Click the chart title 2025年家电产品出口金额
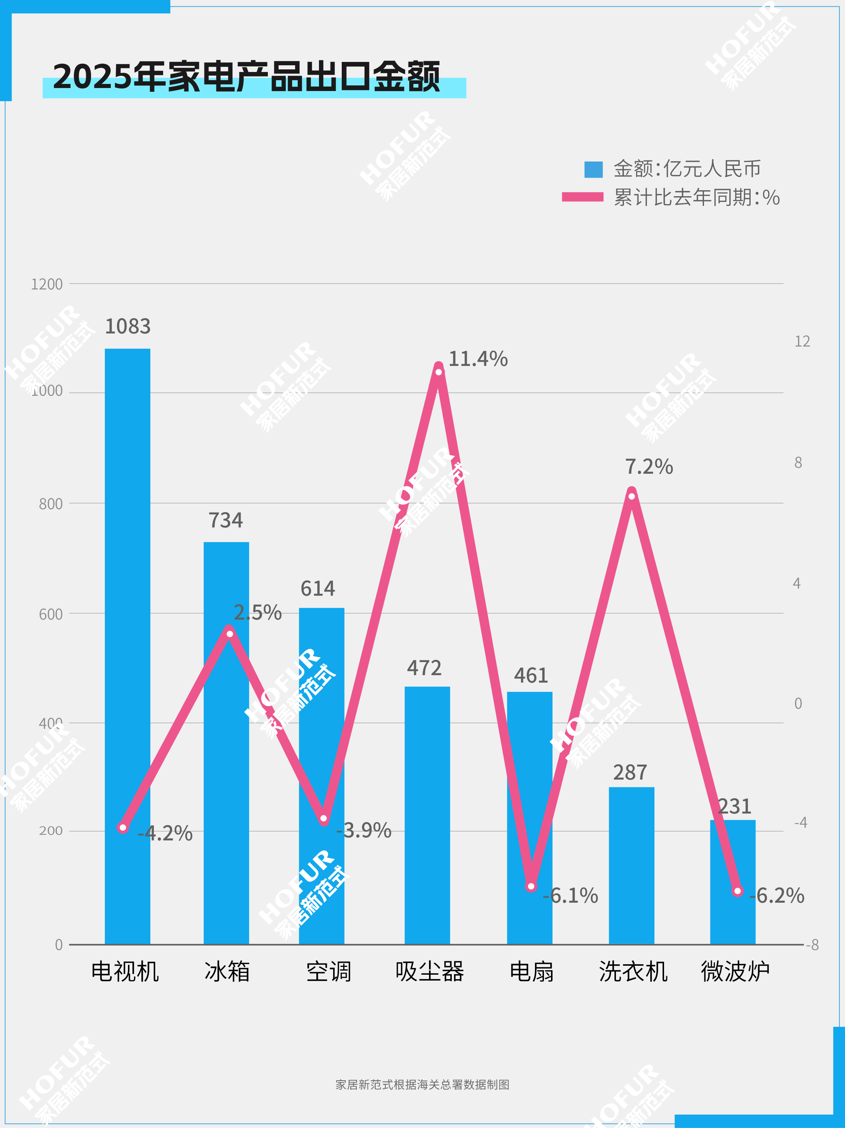pos(246,76)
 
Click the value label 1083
pos(128,326)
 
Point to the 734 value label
pos(226,520)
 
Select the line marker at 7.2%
pos(631,496)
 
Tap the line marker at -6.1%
pos(531,886)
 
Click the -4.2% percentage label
pos(165,833)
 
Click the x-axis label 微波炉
pos(735,971)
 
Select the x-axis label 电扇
pos(531,971)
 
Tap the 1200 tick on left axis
pos(47,284)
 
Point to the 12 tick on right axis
pos(802,341)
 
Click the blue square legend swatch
pos(593,169)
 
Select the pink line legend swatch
pos(582,197)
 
